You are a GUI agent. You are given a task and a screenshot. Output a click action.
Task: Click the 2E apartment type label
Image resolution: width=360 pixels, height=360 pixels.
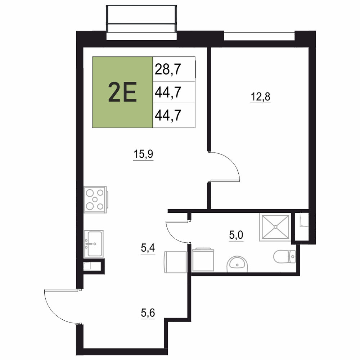coord(122,92)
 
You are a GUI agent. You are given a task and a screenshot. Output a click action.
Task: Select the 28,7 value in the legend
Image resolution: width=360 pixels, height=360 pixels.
coord(168,69)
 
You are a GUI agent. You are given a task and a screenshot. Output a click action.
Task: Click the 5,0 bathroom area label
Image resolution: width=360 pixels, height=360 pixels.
coord(236,235)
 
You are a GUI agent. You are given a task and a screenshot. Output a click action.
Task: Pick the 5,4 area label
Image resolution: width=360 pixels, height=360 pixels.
coord(148,248)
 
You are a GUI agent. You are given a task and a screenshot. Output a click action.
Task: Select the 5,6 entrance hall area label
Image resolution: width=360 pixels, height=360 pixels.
coord(148,313)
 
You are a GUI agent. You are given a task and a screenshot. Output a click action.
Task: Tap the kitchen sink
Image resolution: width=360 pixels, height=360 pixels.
coord(94,244)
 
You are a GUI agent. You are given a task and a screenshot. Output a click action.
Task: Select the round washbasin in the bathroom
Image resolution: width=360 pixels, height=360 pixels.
coord(237,264)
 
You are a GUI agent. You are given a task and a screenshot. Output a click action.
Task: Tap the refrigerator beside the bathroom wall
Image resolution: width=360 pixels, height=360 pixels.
coord(175,262)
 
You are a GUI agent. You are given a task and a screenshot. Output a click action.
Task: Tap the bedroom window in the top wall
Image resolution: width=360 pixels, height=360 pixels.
coord(259,36)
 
